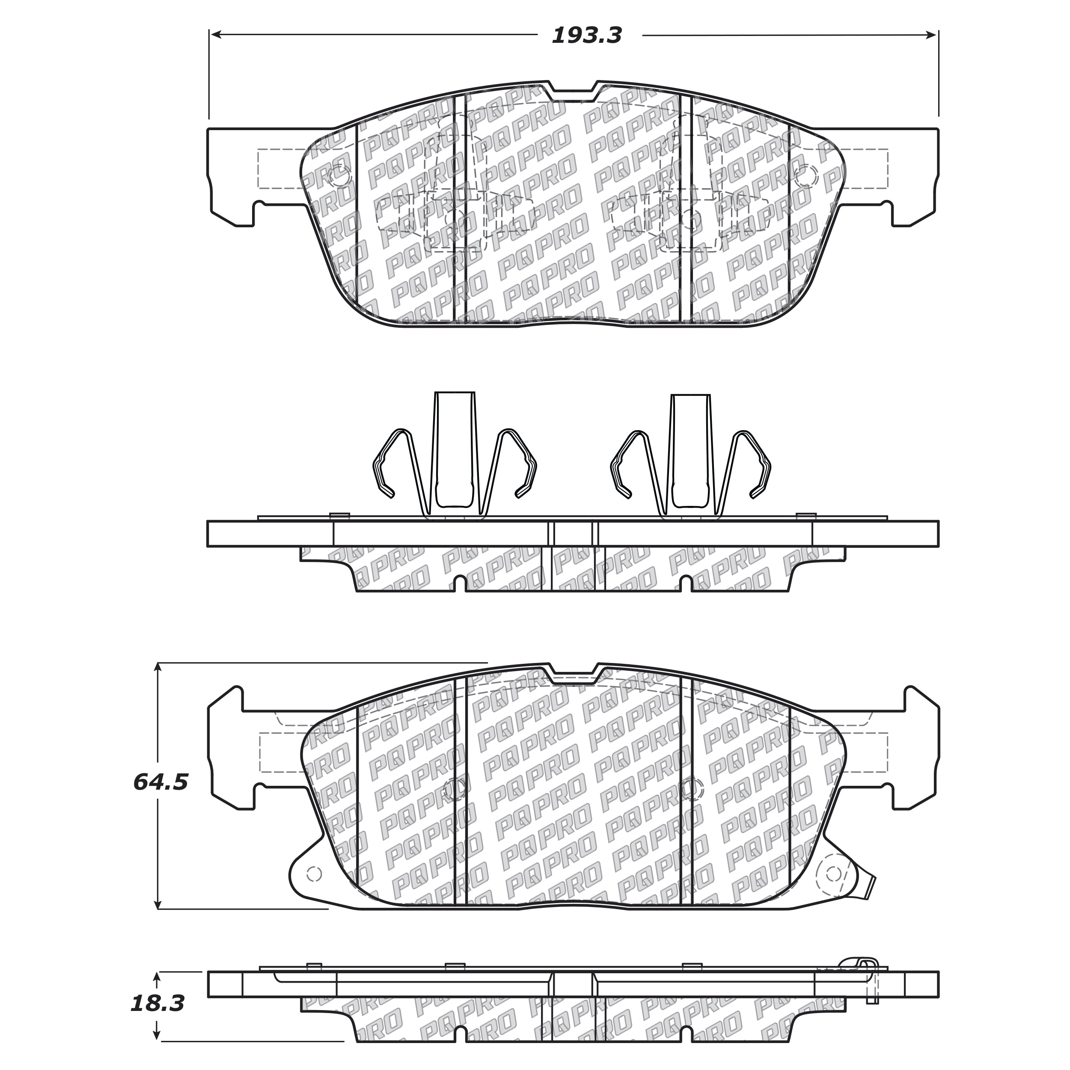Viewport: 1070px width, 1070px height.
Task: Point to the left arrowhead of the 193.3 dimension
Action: tap(217, 35)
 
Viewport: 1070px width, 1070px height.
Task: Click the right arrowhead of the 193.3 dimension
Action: tap(932, 35)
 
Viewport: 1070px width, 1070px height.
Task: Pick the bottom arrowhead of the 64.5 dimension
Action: tap(158, 903)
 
